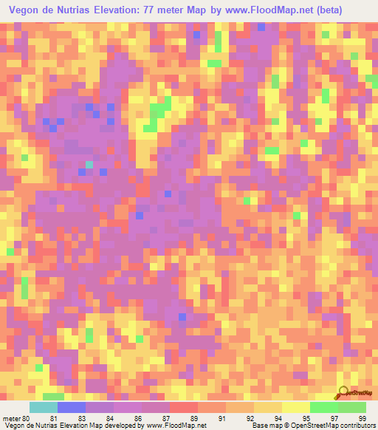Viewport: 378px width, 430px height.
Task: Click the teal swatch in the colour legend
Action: pyautogui.click(x=44, y=407)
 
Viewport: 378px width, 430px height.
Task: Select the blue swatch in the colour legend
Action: pyautogui.click(x=72, y=407)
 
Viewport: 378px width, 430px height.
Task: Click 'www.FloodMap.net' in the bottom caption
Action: pyautogui.click(x=176, y=426)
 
